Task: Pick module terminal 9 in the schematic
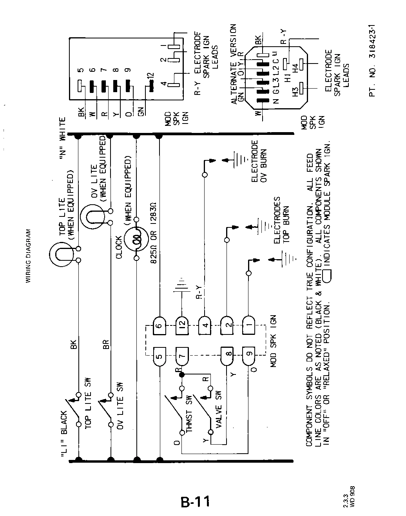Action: tap(248, 356)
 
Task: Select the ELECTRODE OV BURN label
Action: tap(259, 161)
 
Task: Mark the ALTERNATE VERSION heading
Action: tap(234, 64)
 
